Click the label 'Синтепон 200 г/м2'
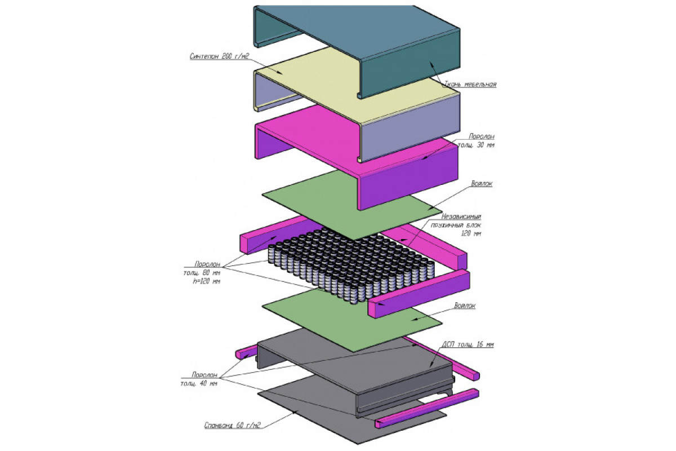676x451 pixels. [x=219, y=56]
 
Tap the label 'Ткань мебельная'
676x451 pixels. [x=470, y=84]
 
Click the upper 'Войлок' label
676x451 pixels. [x=482, y=184]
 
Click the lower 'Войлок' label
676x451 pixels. [x=465, y=306]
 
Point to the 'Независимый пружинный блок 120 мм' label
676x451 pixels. [x=456, y=225]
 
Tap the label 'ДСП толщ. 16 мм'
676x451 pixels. [x=468, y=344]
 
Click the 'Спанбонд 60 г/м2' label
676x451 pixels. [x=232, y=426]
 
